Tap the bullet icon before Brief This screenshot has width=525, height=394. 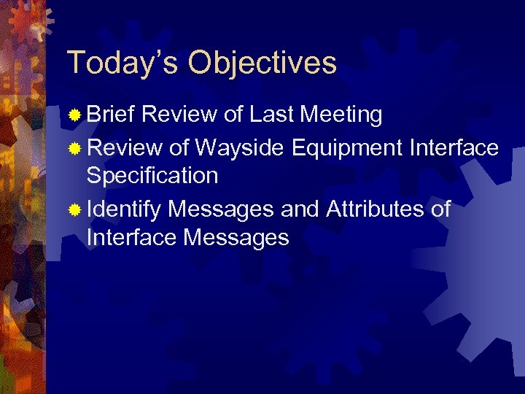pyautogui.click(x=74, y=115)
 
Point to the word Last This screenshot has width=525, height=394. pyautogui.click(x=272, y=115)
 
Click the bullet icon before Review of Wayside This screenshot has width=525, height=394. pyautogui.click(x=74, y=150)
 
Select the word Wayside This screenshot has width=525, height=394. pyautogui.click(x=241, y=149)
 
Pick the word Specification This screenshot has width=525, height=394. pyautogui.click(x=152, y=176)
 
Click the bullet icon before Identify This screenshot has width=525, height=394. pyautogui.click(x=74, y=212)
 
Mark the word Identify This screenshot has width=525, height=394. pyautogui.click(x=123, y=210)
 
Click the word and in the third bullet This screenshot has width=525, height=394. pyautogui.click(x=300, y=210)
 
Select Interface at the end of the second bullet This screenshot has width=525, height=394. pyautogui.click(x=454, y=149)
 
